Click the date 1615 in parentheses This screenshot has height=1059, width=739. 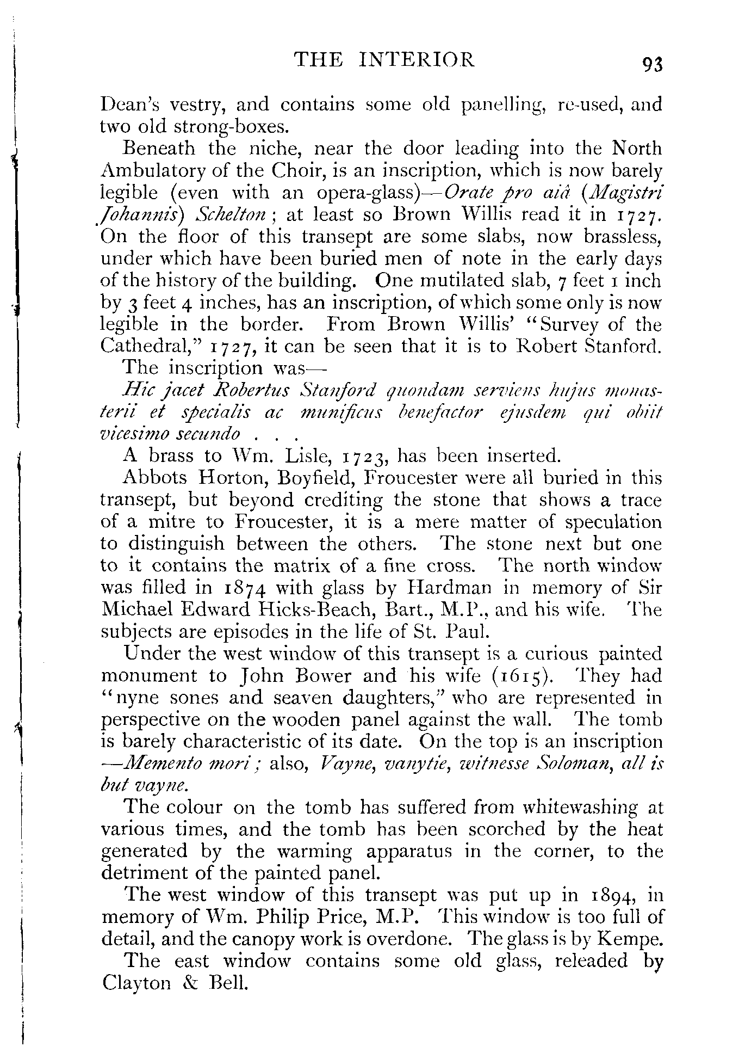[x=523, y=676]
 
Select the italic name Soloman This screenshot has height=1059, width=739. [x=566, y=764]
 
